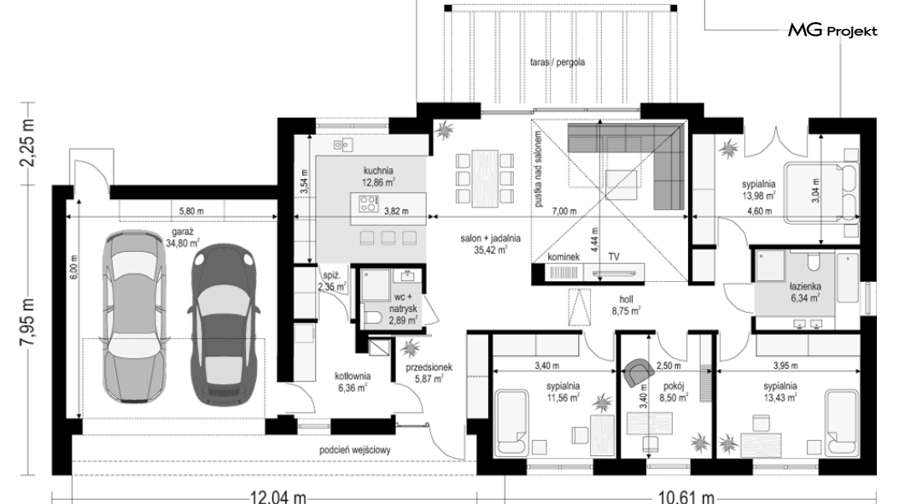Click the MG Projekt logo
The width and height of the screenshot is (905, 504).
[x=832, y=31]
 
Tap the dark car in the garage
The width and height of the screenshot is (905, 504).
[x=222, y=325]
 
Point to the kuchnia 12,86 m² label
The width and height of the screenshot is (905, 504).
[x=378, y=177]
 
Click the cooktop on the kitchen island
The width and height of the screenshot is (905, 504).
[x=368, y=203]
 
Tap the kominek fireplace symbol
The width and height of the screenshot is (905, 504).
[x=563, y=273]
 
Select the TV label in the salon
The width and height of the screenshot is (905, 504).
[x=614, y=257]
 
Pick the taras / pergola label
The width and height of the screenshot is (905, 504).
[x=557, y=62]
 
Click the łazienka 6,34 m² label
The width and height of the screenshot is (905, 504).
[x=805, y=292]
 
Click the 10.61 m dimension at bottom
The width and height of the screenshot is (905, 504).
[x=686, y=497]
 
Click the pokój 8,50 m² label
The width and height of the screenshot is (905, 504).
[x=674, y=392]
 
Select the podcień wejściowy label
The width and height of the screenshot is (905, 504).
[x=355, y=449]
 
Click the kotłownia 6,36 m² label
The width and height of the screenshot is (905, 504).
[x=352, y=382]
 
